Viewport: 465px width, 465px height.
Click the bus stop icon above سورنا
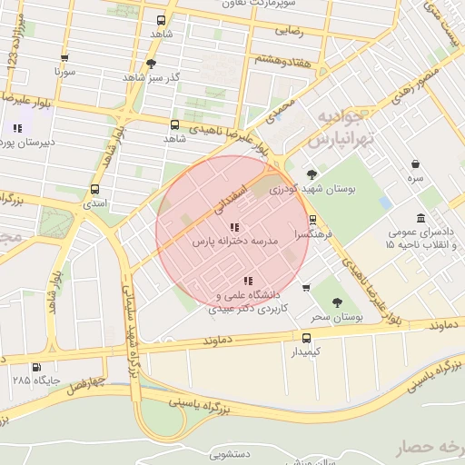[62, 54]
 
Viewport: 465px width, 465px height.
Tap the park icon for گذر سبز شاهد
[151, 64]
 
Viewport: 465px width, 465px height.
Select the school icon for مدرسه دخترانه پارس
[233, 227]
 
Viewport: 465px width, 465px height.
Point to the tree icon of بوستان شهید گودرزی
[312, 173]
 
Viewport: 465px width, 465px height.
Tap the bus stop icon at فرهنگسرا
[312, 219]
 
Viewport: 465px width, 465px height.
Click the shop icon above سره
[415, 164]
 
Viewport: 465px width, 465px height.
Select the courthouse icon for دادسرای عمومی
[420, 218]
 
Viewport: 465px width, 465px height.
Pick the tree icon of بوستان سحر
[337, 302]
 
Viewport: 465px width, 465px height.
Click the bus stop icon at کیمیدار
[306, 337]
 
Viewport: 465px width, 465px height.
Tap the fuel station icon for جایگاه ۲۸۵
[35, 368]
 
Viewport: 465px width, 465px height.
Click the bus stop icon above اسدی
[94, 190]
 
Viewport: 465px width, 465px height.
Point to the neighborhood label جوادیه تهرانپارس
[340, 129]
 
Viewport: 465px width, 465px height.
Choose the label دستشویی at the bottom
[233, 451]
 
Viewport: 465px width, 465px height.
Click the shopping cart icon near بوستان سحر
[306, 288]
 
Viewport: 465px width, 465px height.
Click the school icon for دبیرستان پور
[17, 128]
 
